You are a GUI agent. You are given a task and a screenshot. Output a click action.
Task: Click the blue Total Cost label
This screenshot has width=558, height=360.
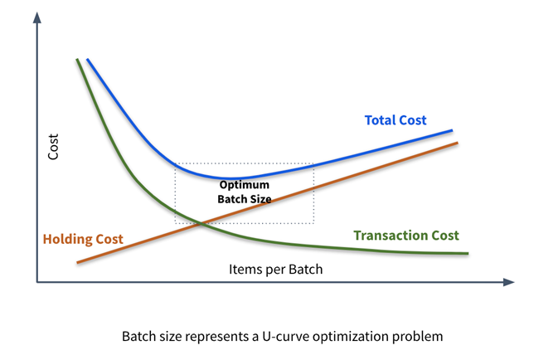(395, 120)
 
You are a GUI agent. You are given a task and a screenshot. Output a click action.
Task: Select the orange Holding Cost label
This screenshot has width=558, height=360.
(83, 240)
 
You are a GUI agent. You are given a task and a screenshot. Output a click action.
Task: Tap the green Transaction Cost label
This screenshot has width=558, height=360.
(405, 235)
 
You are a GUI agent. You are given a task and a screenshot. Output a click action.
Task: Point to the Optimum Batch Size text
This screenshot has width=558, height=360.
(245, 192)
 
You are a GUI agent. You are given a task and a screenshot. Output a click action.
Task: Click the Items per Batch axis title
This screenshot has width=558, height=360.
(275, 270)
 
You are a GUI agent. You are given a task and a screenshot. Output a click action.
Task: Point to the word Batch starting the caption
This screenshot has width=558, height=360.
(138, 338)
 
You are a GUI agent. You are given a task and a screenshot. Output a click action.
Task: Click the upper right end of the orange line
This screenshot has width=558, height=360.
(458, 143)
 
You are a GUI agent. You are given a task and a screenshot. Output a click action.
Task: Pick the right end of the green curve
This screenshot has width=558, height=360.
(468, 253)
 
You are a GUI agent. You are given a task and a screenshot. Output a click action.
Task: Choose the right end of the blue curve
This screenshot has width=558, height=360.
(452, 130)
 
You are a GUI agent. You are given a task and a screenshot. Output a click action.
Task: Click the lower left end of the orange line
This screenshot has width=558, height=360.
(77, 262)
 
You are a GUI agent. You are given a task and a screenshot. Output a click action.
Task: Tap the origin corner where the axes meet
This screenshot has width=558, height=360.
(36, 283)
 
